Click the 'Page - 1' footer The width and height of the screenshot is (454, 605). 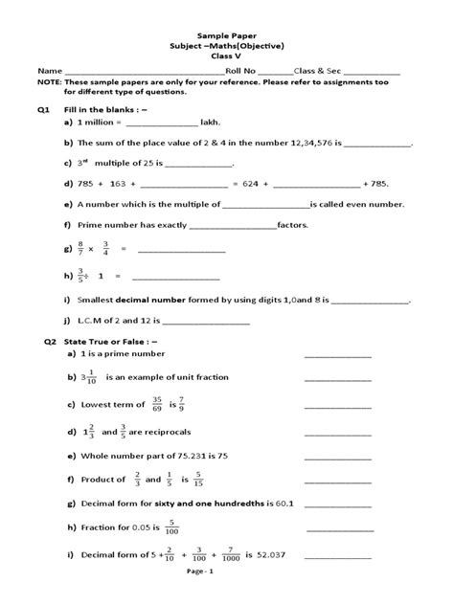click(x=227, y=594)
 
